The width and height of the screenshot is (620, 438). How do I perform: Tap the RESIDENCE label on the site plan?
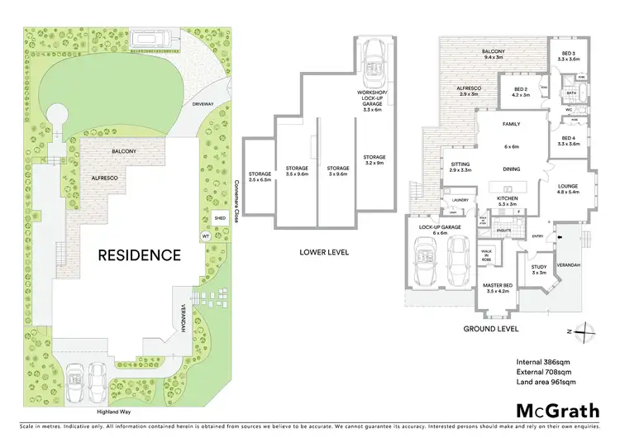point(139,255)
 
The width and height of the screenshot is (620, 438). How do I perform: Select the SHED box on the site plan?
point(219,218)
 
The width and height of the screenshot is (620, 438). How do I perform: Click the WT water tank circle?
point(205,236)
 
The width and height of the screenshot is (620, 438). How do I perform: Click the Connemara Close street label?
point(236,202)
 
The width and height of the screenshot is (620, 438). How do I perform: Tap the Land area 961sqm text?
point(546,382)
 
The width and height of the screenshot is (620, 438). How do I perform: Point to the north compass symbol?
point(584,331)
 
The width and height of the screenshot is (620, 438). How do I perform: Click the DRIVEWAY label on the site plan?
point(203,105)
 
